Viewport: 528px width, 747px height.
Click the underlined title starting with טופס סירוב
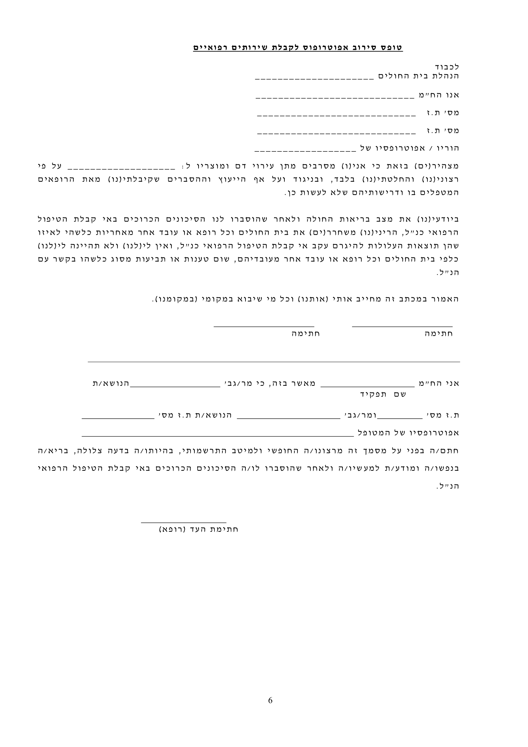(298, 48)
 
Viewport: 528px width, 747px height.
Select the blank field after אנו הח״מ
(335, 97)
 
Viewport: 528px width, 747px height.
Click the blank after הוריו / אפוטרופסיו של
(305, 150)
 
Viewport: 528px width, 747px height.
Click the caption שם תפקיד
(383, 394)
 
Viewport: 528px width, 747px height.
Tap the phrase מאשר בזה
(299, 383)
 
